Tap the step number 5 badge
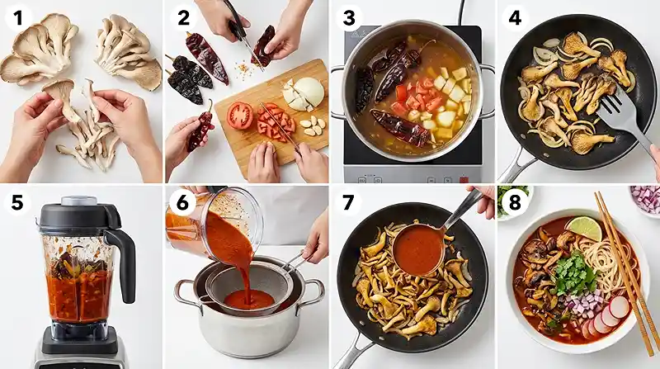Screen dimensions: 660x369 pos(17,202)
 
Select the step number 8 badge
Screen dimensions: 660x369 pos(515,202)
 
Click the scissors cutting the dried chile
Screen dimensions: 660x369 pos(240,31)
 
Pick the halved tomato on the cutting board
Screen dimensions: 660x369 pos(240,115)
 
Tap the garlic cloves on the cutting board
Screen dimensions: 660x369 pos(313,125)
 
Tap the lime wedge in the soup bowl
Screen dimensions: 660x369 pos(584,229)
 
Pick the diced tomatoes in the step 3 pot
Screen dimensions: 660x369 pos(417,97)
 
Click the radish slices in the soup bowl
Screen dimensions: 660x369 pos(606,317)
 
